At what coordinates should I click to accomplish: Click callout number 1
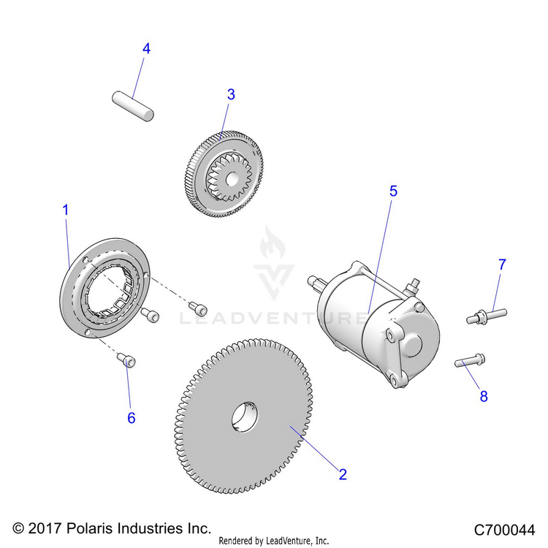click(x=65, y=210)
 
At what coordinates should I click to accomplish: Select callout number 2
click(x=342, y=473)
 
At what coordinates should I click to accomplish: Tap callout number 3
click(x=231, y=94)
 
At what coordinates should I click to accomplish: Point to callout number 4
click(x=146, y=49)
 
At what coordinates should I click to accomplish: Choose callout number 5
click(x=393, y=191)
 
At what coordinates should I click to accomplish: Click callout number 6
click(x=132, y=418)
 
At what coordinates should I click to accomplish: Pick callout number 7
click(x=502, y=265)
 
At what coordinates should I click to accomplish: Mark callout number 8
click(x=483, y=397)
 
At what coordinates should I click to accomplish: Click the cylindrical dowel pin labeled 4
click(x=133, y=103)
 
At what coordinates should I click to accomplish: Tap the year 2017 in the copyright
click(x=44, y=528)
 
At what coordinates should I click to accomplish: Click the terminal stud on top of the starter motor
click(x=415, y=281)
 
